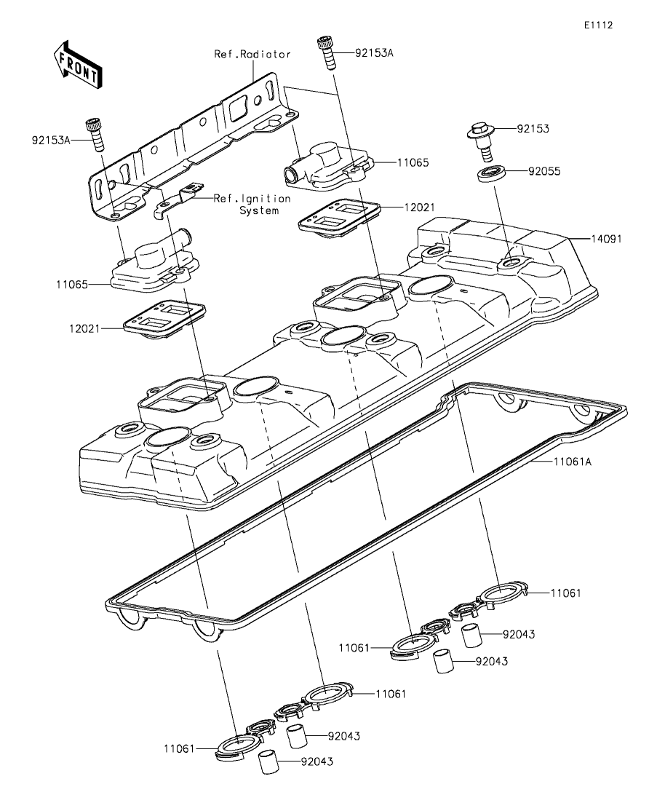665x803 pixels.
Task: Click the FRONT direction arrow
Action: click(77, 65)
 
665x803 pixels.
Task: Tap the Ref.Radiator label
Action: click(252, 54)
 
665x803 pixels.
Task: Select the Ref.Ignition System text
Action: click(252, 205)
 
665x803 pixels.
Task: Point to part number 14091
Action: click(607, 239)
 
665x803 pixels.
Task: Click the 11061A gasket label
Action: click(573, 462)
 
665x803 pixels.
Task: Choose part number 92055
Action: click(545, 171)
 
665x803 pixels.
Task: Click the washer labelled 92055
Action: click(493, 173)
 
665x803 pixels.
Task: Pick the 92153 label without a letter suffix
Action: click(533, 129)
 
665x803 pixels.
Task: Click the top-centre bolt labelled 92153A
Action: click(326, 52)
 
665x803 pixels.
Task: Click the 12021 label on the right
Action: click(419, 207)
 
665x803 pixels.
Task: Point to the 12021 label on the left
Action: click(85, 328)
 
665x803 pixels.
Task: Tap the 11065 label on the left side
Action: click(72, 284)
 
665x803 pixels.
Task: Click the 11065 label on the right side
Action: click(413, 163)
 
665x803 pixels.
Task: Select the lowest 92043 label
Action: click(317, 762)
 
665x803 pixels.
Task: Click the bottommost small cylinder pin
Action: click(268, 762)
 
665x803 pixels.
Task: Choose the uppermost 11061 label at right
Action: click(566, 593)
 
